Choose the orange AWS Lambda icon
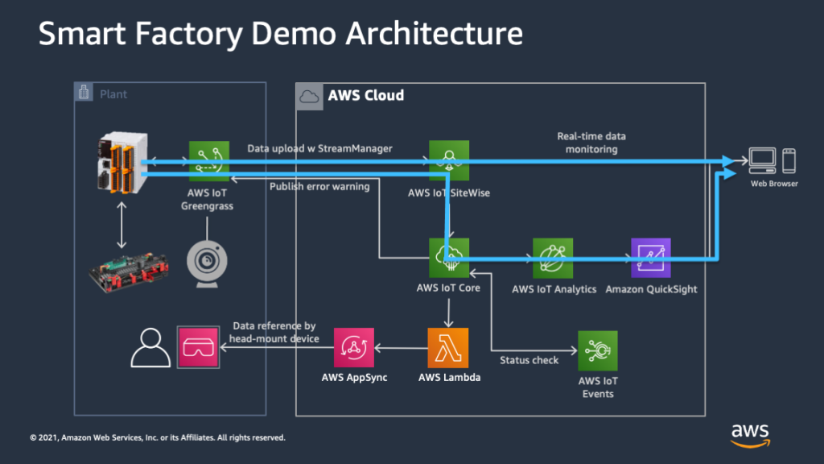448,348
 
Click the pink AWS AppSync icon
354,348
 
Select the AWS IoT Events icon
597,350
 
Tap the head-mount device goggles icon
198,346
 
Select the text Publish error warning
319,187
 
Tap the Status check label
529,360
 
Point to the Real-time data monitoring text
591,143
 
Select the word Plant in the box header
113,94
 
